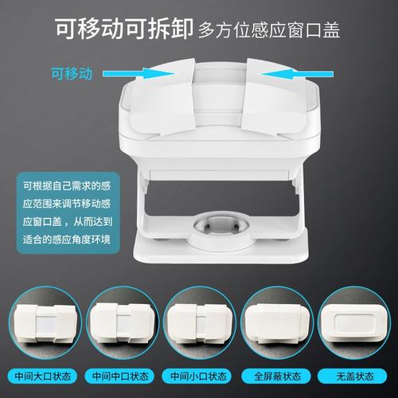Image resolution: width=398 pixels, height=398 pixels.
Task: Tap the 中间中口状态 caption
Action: coord(123,376)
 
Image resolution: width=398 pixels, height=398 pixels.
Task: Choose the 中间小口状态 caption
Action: coord(199,376)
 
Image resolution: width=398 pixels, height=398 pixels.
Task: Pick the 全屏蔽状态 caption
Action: coord(275,376)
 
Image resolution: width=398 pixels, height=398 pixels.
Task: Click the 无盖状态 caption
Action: coord(351,376)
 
